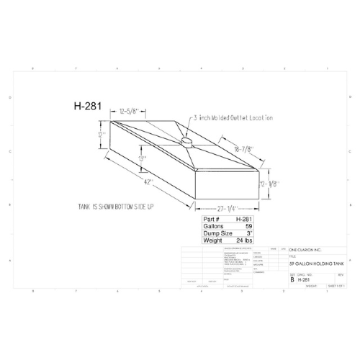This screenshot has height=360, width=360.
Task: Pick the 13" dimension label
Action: pos(143,158)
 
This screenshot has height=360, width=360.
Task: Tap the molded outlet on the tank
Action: pos(186,143)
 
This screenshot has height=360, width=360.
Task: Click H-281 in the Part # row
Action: pos(243,218)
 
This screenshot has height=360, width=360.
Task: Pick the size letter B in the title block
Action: pos(292,279)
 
